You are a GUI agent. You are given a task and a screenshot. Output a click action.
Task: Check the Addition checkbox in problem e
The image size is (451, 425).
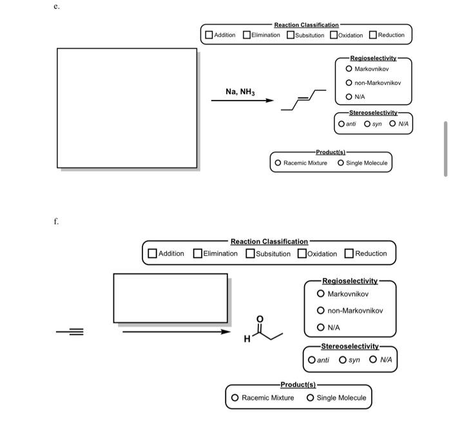[209, 35]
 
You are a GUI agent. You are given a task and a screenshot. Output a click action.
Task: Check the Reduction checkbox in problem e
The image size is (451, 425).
[373, 35]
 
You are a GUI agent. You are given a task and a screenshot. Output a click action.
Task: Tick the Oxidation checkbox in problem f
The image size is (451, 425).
[302, 253]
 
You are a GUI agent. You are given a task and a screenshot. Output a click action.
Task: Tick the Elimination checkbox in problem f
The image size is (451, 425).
[198, 253]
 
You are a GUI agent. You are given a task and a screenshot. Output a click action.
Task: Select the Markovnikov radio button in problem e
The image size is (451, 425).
[349, 68]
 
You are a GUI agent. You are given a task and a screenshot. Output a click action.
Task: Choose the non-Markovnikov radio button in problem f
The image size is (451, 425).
[320, 310]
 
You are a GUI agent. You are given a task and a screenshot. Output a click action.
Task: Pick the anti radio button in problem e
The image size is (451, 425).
[341, 123]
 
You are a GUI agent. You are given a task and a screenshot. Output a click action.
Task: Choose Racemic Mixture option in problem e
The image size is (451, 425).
[278, 163]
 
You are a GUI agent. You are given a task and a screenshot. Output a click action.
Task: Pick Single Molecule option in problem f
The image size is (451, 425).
[311, 398]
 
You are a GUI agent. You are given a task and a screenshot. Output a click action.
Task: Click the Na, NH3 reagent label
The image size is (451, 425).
[240, 92]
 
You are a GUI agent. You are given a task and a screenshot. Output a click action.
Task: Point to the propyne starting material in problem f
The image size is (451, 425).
[70, 332]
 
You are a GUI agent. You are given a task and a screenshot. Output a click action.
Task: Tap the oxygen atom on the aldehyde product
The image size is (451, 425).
[260, 319]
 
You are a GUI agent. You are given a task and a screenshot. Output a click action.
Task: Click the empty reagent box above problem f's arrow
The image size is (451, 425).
[170, 297]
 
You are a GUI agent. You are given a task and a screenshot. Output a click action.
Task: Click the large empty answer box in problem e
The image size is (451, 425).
[127, 108]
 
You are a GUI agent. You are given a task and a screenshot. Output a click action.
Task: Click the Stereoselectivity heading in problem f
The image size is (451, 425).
[350, 346]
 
